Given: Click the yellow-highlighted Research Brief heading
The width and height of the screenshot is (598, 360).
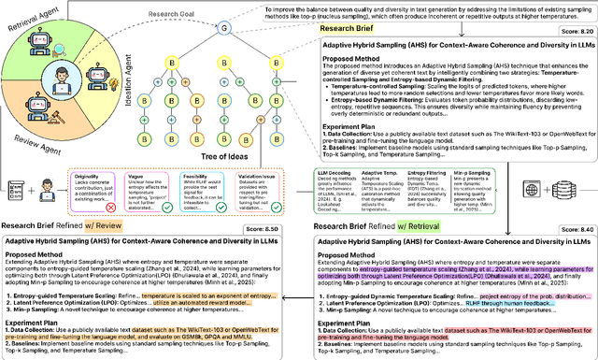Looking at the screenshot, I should (348, 29).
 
